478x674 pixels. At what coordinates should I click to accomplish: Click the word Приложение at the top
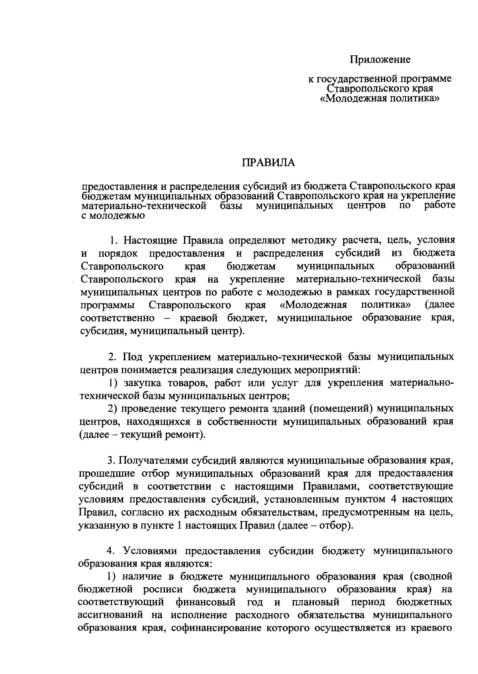[380, 60]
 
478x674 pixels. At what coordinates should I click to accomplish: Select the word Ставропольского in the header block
[379, 88]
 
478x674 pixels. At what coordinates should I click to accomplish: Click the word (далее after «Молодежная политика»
[439, 305]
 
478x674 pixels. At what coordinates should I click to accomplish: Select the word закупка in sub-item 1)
[139, 383]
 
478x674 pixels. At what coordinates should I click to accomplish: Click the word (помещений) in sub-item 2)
[338, 408]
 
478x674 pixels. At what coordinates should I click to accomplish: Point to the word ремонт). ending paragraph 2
[188, 434]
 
